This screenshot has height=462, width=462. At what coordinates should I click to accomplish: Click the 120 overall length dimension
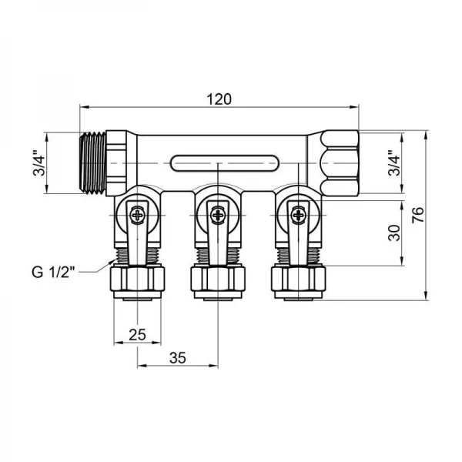[219, 99]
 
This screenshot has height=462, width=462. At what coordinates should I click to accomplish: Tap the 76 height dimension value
[417, 216]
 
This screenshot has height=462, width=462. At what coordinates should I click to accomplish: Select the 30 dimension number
[393, 234]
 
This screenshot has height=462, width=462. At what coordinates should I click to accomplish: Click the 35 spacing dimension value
[179, 358]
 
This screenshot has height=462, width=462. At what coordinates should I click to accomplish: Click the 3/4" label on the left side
[38, 164]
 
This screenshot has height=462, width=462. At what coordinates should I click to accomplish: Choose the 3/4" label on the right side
[393, 164]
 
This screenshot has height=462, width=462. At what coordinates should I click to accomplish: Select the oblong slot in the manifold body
[219, 164]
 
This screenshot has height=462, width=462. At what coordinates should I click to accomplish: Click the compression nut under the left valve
[138, 279]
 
